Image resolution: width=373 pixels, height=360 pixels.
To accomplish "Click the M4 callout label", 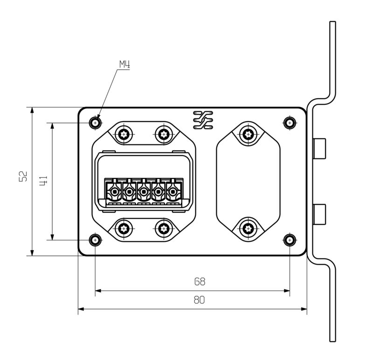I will [124, 64].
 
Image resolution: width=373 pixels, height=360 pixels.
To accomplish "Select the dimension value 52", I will [23, 176].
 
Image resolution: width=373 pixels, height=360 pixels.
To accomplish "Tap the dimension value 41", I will [43, 181].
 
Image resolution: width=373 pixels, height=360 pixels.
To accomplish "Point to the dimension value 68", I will [200, 282].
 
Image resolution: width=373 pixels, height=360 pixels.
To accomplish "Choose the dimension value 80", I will [199, 300].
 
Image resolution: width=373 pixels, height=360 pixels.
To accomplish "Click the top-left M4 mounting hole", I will [96, 123].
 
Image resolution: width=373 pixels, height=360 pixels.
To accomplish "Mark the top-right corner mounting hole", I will [290, 123].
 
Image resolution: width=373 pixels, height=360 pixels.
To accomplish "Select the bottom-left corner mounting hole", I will [96, 240].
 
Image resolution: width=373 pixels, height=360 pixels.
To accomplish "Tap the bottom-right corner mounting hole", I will [290, 240].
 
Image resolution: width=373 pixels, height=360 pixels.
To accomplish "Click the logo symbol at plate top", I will [203, 120].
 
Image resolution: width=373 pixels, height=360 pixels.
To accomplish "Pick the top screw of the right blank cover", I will [248, 134].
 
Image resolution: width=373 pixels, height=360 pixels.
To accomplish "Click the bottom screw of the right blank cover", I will [248, 228].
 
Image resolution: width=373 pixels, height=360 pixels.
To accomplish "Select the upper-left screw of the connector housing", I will [124, 134].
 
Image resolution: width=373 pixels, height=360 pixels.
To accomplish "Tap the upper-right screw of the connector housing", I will [163, 134].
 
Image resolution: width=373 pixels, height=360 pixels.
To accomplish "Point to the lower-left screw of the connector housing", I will [124, 228].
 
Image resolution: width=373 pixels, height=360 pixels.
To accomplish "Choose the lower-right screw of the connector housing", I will [163, 228].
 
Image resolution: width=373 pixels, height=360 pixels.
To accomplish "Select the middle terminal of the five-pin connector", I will [144, 191].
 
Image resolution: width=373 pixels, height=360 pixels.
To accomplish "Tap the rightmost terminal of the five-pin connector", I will [173, 191].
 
